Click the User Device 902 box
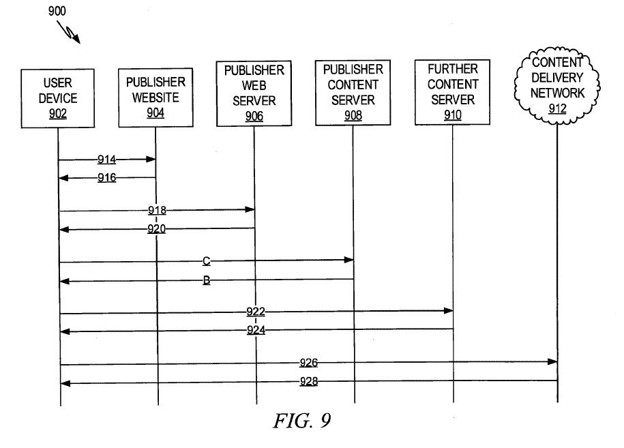58,98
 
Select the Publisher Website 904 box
155,98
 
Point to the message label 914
106,160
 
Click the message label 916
106,178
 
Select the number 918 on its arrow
156,210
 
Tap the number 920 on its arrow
156,229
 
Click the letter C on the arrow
205,260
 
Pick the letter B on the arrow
206,280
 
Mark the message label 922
256,312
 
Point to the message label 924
256,331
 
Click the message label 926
309,363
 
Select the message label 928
309,382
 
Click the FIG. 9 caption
301,421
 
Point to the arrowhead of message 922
448,311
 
